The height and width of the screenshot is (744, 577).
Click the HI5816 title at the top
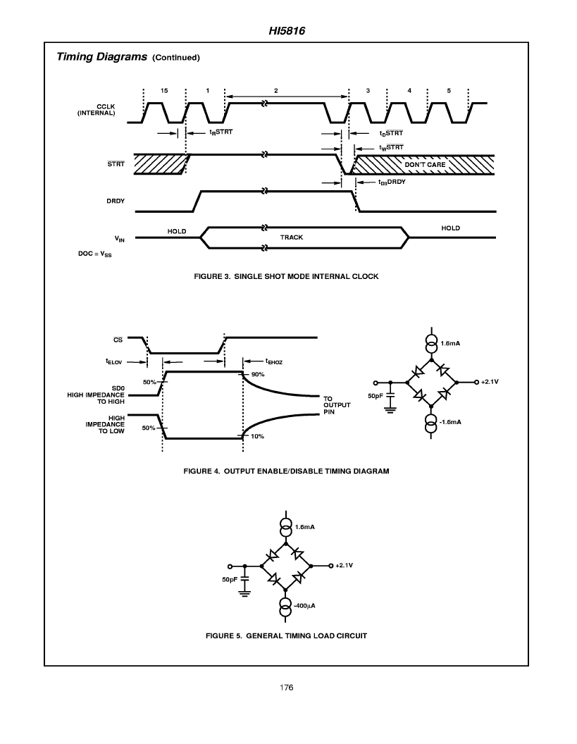pyautogui.click(x=287, y=31)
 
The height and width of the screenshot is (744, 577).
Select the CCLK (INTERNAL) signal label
pyautogui.click(x=97, y=110)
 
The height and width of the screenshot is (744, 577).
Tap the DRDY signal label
pyautogui.click(x=116, y=201)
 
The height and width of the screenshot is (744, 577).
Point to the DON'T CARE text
pyautogui.click(x=425, y=165)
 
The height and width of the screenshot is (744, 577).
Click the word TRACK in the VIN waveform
pyautogui.click(x=292, y=237)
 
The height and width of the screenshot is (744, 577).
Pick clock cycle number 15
pyautogui.click(x=164, y=91)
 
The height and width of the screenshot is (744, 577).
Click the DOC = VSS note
pyautogui.click(x=95, y=254)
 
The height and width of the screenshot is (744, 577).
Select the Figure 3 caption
pyautogui.click(x=286, y=276)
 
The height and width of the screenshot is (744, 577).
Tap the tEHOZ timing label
pyautogui.click(x=274, y=361)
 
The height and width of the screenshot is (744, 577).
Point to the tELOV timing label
pyautogui.click(x=114, y=361)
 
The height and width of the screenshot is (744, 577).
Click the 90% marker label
pyautogui.click(x=258, y=374)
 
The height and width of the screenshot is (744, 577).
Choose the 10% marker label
pyautogui.click(x=257, y=436)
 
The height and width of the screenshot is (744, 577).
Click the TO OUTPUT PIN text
pyautogui.click(x=337, y=405)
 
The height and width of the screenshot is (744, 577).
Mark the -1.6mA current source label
pyautogui.click(x=449, y=422)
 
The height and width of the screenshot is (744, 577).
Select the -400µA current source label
pyautogui.click(x=304, y=605)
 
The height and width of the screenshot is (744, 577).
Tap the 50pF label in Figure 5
pyautogui.click(x=230, y=579)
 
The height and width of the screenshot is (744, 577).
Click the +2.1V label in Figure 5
pyautogui.click(x=344, y=565)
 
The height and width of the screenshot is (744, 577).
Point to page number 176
pyautogui.click(x=287, y=688)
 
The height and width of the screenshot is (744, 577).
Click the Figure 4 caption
pyautogui.click(x=286, y=471)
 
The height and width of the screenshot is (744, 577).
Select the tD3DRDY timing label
pyautogui.click(x=392, y=182)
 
